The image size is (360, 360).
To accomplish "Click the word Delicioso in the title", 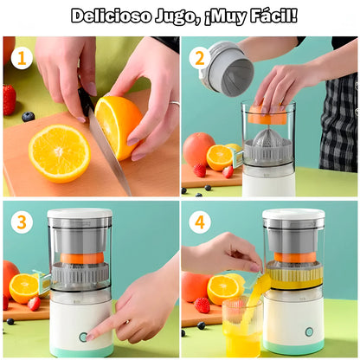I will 109,16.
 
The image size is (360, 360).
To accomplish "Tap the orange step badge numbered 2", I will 200,59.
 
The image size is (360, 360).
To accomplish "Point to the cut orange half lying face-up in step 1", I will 59,152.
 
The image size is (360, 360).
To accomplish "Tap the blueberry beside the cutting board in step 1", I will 29,116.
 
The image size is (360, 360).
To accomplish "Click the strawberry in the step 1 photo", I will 10,100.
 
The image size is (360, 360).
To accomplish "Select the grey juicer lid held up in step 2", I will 227,69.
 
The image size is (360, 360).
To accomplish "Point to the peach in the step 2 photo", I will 198,148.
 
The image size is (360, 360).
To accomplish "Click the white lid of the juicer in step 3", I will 80,214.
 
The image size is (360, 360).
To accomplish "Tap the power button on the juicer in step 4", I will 309,331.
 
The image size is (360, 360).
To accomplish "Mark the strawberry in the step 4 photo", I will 202,305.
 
